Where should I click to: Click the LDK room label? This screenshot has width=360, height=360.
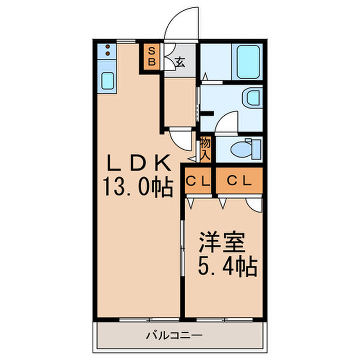click(139, 163)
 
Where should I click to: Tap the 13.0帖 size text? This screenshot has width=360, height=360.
click(138, 187)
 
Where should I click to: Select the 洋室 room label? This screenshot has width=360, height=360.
click(222, 242)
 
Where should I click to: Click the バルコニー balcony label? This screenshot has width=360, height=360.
click(174, 336)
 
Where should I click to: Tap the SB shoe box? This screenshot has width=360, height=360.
click(152, 57)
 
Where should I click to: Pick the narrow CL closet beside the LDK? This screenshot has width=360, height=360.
click(198, 181)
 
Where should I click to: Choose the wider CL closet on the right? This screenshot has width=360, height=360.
click(239, 181)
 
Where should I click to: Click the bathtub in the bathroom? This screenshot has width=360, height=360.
click(248, 62)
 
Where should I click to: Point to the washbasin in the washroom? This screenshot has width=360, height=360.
click(253, 98)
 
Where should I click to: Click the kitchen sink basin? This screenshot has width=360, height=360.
click(107, 81)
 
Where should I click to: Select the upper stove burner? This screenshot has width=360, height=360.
click(107, 47)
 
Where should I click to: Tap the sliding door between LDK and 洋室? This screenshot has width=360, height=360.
click(183, 248)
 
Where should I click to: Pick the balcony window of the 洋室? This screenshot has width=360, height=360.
click(225, 319)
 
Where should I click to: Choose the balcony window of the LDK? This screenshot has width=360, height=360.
click(149, 319)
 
